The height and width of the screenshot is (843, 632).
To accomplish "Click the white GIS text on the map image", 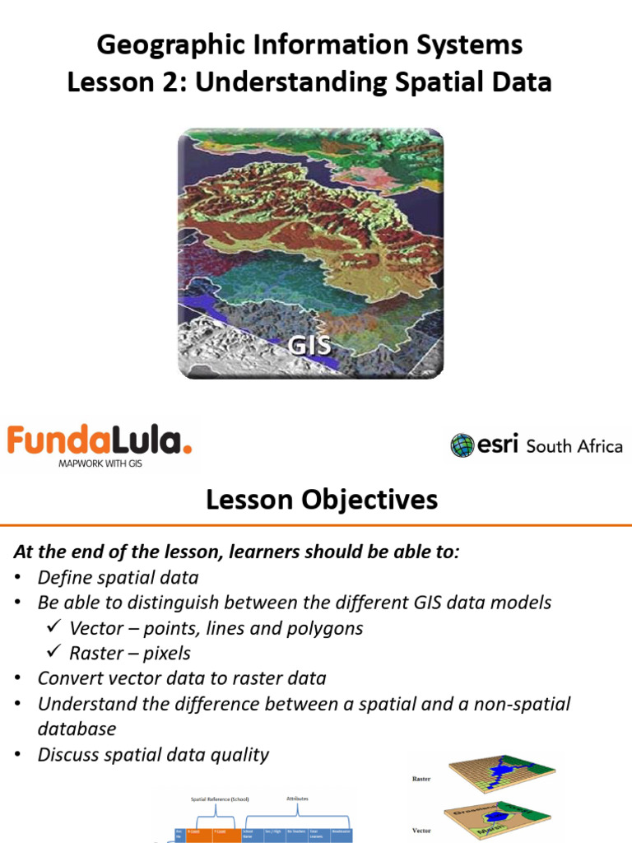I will [309, 344].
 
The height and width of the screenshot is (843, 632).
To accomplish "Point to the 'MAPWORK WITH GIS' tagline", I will [97, 463].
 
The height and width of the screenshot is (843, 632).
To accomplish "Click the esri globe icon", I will [462, 445].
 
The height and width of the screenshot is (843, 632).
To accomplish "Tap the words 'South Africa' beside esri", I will [574, 446].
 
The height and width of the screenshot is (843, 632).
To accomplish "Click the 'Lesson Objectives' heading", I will [322, 499].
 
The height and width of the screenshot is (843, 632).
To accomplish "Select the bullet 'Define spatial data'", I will [118, 578].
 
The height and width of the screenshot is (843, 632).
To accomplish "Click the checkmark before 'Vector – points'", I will [54, 628].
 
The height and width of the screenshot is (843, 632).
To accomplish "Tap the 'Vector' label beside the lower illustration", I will [421, 831].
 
